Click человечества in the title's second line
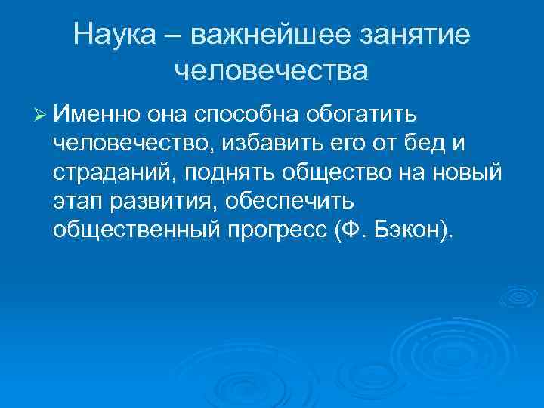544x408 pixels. tap(271, 70)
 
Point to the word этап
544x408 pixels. tap(76, 200)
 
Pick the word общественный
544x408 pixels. tap(137, 229)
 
